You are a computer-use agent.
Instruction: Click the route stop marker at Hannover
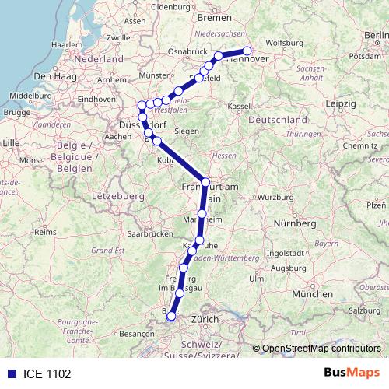click(247, 51)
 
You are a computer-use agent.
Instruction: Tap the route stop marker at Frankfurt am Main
click(205, 182)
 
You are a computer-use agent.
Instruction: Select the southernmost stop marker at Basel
click(171, 316)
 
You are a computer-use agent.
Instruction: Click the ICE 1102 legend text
click(47, 374)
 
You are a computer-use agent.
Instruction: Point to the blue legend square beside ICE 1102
click(10, 374)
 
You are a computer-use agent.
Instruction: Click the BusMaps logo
click(351, 373)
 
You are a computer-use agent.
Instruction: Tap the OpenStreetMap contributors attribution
click(321, 349)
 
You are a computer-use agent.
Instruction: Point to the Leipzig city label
click(341, 103)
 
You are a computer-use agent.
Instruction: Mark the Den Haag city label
click(54, 76)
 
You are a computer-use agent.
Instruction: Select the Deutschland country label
click(278, 121)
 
